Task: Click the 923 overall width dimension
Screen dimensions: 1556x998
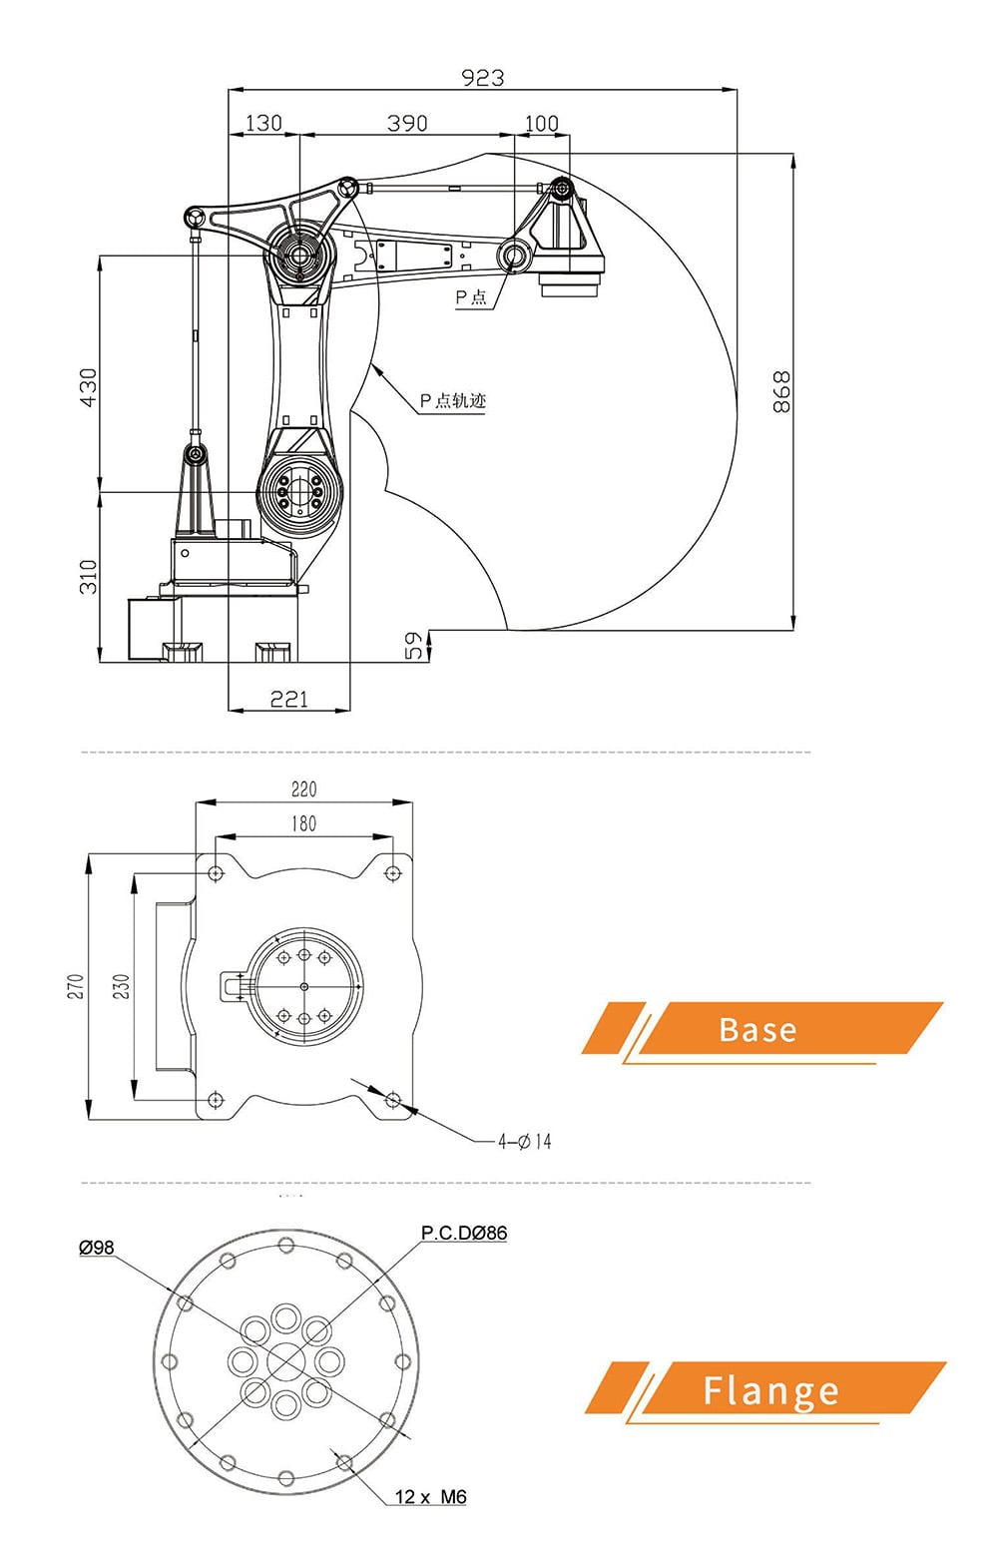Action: click(483, 77)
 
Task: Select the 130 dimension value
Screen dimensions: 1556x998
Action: click(263, 123)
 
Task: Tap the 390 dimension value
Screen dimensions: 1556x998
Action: click(407, 123)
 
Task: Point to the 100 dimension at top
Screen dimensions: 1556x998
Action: click(542, 123)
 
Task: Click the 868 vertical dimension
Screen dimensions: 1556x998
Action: click(781, 391)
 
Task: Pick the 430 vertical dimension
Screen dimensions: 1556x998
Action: click(89, 387)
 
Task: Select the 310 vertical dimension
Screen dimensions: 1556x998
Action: click(89, 576)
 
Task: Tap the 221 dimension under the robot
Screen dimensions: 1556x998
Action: click(289, 699)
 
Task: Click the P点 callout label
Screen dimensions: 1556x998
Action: click(471, 296)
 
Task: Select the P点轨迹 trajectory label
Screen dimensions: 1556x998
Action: click(452, 400)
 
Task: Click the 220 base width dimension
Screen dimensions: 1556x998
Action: click(304, 789)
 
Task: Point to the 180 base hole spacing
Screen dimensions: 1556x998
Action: click(304, 823)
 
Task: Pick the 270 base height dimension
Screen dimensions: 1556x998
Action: click(76, 986)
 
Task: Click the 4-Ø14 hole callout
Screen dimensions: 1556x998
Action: click(525, 1141)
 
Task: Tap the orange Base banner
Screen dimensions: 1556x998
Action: click(760, 1029)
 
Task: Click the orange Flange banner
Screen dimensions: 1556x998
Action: click(768, 1389)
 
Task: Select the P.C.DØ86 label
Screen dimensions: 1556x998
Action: click(463, 1233)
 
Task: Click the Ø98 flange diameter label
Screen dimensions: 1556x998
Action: click(97, 1248)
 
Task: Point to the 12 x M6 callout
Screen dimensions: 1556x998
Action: click(430, 1496)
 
